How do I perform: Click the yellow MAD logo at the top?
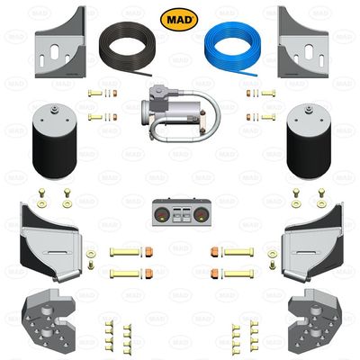[175, 18]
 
